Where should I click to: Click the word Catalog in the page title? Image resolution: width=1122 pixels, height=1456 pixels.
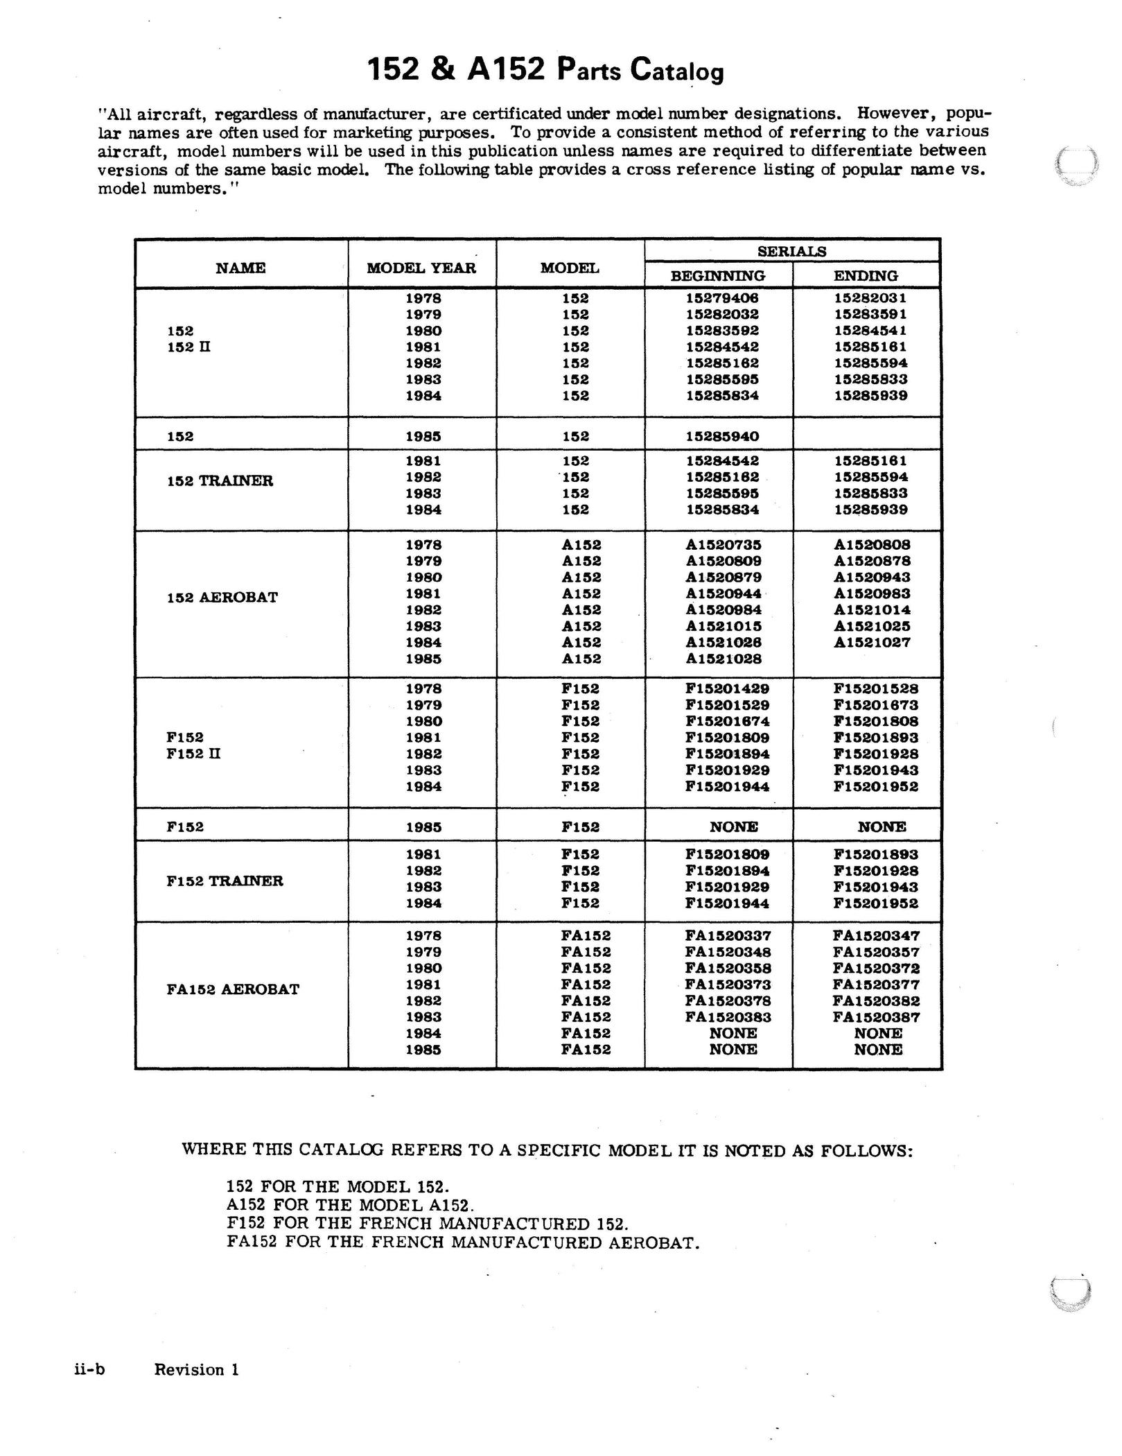coord(676,71)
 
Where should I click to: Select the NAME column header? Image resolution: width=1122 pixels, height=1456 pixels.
coord(240,268)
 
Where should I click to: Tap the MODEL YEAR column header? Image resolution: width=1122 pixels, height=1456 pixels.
coord(421,268)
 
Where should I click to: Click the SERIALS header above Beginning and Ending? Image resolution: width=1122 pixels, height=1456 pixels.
coord(791,252)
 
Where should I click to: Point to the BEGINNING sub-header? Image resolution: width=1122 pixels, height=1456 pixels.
coord(718,276)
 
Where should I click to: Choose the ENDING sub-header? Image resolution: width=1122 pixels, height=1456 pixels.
coord(866,276)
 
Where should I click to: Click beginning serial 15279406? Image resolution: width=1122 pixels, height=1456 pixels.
coord(722,298)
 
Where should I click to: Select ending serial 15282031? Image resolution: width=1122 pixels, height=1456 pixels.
coord(870,298)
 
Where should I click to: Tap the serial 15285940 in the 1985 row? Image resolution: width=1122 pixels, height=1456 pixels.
coord(722,437)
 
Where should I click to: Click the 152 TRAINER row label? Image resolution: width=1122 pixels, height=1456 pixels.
coord(220,481)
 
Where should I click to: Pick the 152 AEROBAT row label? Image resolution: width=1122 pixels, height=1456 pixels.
coord(222,598)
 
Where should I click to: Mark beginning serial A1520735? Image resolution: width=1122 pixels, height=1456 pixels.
coord(724,545)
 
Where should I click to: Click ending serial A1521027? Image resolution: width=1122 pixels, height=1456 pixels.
coord(872,643)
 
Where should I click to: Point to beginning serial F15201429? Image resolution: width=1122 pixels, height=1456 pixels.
coord(727,689)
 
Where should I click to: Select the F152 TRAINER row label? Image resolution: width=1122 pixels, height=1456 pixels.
coord(225,881)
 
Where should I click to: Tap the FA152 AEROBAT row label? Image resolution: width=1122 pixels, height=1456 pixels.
coord(233,989)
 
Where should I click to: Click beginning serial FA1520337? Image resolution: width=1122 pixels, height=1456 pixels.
coord(728,936)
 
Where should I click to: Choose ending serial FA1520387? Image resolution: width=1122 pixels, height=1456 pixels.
coord(876,1017)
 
